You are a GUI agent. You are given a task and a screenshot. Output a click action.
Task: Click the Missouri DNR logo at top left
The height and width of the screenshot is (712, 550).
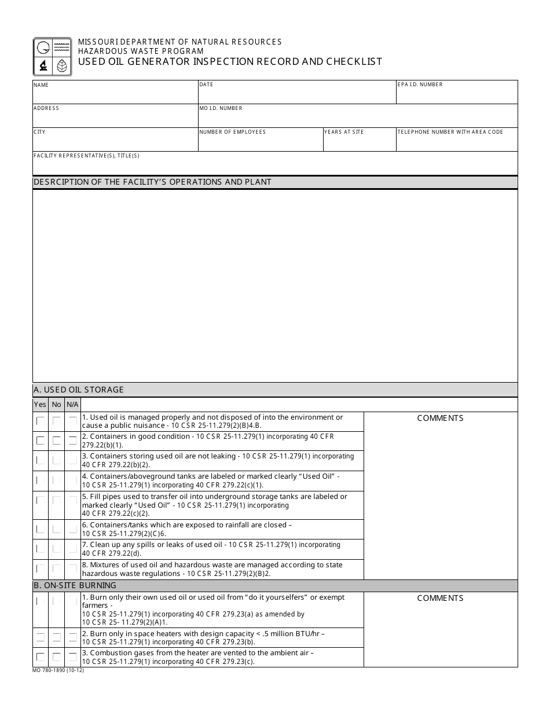(x=52, y=57)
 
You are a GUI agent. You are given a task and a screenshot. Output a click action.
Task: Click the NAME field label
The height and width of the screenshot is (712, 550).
(x=41, y=85)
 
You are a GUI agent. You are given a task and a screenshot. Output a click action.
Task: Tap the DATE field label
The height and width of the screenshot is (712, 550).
(x=206, y=85)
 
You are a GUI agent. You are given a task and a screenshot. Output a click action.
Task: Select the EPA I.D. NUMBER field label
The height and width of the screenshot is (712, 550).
(x=420, y=85)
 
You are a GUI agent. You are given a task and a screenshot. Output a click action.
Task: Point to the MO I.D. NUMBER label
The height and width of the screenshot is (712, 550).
(x=221, y=108)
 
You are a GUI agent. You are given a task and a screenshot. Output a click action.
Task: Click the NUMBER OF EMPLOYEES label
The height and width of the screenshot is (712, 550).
(x=233, y=132)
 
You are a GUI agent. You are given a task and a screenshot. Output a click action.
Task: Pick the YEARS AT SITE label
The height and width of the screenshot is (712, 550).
(x=344, y=132)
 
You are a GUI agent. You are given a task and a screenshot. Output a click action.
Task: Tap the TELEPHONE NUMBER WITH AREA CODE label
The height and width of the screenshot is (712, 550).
(x=450, y=132)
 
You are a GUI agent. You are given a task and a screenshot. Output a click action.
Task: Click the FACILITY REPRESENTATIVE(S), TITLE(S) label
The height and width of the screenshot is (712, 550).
(x=86, y=156)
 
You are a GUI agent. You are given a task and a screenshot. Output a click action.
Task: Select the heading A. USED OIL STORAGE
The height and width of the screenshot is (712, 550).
(x=79, y=390)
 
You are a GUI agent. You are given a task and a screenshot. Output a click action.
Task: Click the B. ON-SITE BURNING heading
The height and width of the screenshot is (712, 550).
(x=75, y=585)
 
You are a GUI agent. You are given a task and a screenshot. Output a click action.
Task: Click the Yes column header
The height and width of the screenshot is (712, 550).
(x=40, y=405)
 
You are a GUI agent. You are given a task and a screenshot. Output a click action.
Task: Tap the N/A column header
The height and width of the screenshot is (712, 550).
(x=72, y=405)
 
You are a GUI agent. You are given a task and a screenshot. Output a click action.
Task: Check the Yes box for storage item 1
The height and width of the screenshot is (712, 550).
(x=40, y=421)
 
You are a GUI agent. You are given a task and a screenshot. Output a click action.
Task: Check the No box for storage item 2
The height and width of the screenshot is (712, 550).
(x=56, y=441)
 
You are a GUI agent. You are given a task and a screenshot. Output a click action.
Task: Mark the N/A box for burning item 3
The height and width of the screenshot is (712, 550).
(x=72, y=657)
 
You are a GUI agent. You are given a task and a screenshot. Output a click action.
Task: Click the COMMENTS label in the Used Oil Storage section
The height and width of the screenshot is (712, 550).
(x=440, y=418)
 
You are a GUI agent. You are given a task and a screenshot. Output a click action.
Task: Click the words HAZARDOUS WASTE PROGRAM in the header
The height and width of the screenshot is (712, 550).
(x=141, y=51)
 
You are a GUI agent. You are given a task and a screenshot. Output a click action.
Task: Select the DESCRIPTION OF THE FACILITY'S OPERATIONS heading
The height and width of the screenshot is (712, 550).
(x=152, y=182)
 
